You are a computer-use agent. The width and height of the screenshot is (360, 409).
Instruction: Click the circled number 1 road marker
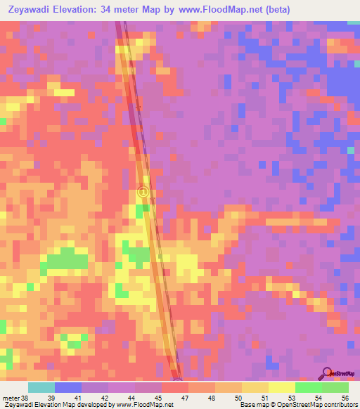pyautogui.click(x=143, y=192)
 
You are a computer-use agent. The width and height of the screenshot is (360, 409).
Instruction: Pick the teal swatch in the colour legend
pyautogui.click(x=41, y=387)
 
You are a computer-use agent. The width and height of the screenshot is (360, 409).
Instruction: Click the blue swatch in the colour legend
pyautogui.click(x=68, y=387)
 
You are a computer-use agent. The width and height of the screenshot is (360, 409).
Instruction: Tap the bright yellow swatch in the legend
pyautogui.click(x=281, y=387)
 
